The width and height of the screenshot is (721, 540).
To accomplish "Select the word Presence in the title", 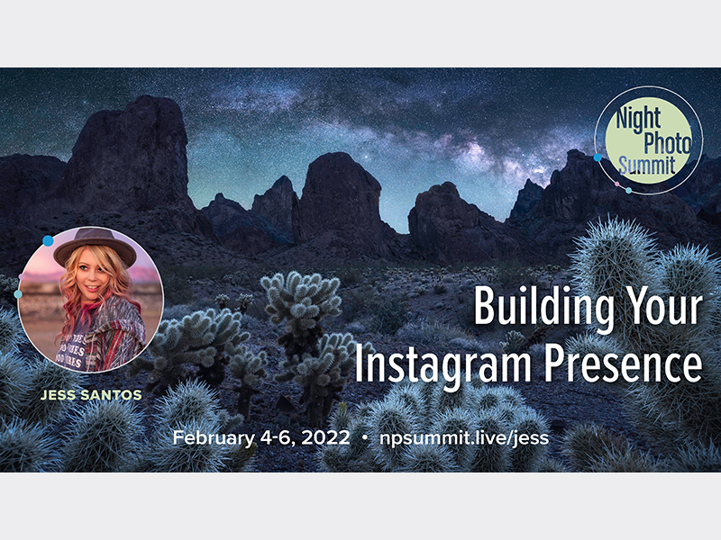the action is click(624, 364).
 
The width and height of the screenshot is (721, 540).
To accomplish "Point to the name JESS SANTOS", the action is click(91, 395).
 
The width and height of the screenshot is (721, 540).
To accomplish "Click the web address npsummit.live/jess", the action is click(464, 437).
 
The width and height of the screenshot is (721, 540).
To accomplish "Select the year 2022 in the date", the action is click(325, 437).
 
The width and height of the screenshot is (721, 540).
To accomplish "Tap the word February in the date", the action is click(214, 438).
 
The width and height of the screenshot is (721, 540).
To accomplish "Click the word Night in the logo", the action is click(638, 119).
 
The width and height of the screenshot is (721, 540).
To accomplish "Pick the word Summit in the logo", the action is click(646, 165).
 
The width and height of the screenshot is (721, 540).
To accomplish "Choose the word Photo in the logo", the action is click(667, 142).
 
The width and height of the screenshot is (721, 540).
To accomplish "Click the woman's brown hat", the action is click(95, 245).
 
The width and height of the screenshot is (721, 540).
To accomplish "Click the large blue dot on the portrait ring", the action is click(48, 240).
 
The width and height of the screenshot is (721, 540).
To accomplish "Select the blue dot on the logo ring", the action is click(598, 157).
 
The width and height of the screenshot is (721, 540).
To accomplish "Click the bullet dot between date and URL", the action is click(365, 438).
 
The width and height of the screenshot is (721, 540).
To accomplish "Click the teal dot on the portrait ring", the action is click(18, 294).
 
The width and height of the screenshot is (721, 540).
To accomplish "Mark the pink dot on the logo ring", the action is click(617, 184).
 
